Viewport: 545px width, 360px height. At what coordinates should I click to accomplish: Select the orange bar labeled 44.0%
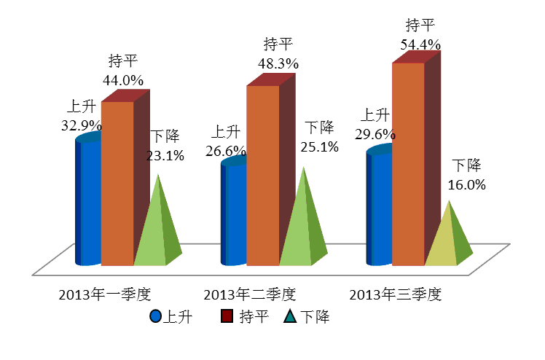[117, 182]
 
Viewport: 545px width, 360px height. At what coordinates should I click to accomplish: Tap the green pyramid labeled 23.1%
[153, 233]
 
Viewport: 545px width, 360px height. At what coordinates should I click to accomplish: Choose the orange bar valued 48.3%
[263, 175]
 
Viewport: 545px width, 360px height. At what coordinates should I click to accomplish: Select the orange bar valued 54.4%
[409, 164]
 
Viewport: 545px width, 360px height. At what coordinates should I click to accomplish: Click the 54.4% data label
[420, 45]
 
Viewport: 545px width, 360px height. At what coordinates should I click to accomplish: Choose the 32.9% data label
[81, 125]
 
